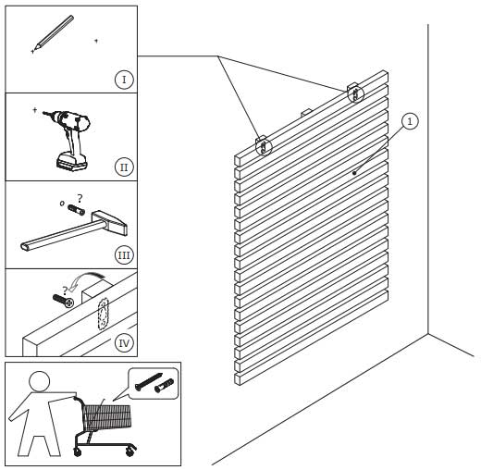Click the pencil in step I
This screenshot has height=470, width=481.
[54, 32]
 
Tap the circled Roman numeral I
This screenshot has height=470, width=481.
[124, 80]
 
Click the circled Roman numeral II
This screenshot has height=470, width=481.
[124, 167]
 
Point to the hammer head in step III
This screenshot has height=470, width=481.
[110, 222]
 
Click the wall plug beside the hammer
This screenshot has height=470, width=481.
[76, 210]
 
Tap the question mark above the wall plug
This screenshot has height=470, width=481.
[80, 198]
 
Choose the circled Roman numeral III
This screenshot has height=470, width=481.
[124, 255]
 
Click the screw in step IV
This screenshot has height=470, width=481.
[64, 301]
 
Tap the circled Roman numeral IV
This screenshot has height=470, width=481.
[124, 343]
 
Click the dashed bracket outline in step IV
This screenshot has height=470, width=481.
[103, 314]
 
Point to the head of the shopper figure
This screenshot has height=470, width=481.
[39, 381]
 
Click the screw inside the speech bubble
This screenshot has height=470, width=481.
[149, 381]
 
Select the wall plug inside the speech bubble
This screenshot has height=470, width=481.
[164, 386]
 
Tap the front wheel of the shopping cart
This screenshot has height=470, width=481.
[78, 452]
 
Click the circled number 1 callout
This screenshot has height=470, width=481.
[410, 121]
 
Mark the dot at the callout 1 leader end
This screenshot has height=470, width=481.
[354, 173]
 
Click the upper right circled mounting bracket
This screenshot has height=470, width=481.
[355, 93]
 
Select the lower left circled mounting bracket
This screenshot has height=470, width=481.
[264, 146]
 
